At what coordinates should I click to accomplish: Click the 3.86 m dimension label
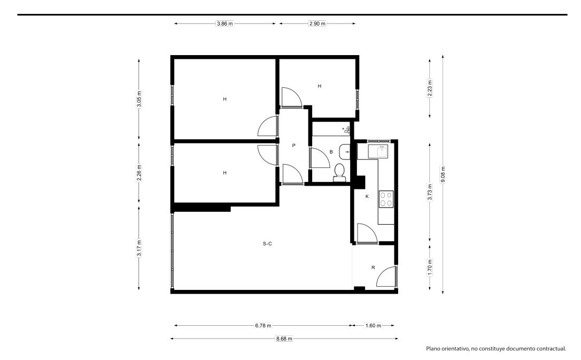225,24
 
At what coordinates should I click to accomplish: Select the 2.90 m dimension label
317,24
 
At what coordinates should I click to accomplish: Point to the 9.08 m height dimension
443,174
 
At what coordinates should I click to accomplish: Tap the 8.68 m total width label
284,339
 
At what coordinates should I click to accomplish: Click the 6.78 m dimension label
263,326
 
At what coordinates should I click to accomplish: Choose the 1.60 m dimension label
373,326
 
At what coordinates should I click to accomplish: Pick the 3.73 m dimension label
430,192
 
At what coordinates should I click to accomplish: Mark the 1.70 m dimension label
430,267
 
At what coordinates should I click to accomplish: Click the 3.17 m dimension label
139,248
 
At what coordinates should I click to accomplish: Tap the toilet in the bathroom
339,173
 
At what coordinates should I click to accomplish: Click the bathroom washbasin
344,151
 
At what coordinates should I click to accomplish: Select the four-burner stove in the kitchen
386,199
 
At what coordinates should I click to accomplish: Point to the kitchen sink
378,151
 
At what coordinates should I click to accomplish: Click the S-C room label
267,243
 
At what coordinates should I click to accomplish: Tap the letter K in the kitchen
367,196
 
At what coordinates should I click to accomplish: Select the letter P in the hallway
294,145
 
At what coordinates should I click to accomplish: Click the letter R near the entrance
373,267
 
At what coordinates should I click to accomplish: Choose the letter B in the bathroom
331,152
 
